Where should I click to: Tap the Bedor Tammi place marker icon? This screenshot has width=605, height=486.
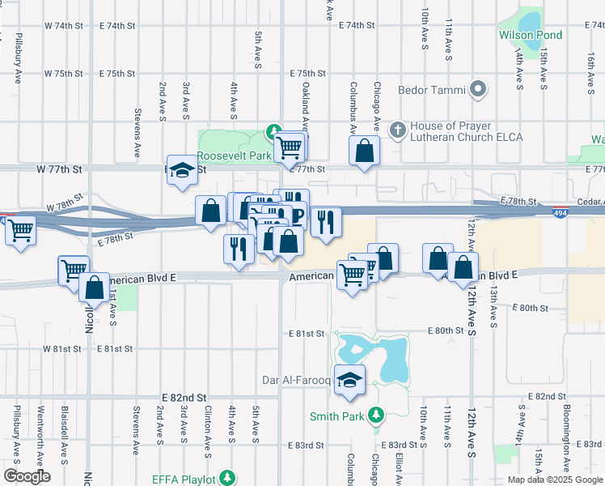(x=479, y=89)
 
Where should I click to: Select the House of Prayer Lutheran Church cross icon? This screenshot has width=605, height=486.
(x=397, y=130)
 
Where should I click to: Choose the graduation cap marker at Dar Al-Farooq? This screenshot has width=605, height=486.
(x=349, y=380)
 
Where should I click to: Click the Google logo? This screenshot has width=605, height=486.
(x=27, y=476)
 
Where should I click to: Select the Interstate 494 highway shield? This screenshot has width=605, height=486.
(x=560, y=213)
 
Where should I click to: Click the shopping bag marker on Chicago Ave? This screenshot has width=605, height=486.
(x=365, y=150)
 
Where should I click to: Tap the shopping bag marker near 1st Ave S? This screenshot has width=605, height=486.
(x=95, y=288)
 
